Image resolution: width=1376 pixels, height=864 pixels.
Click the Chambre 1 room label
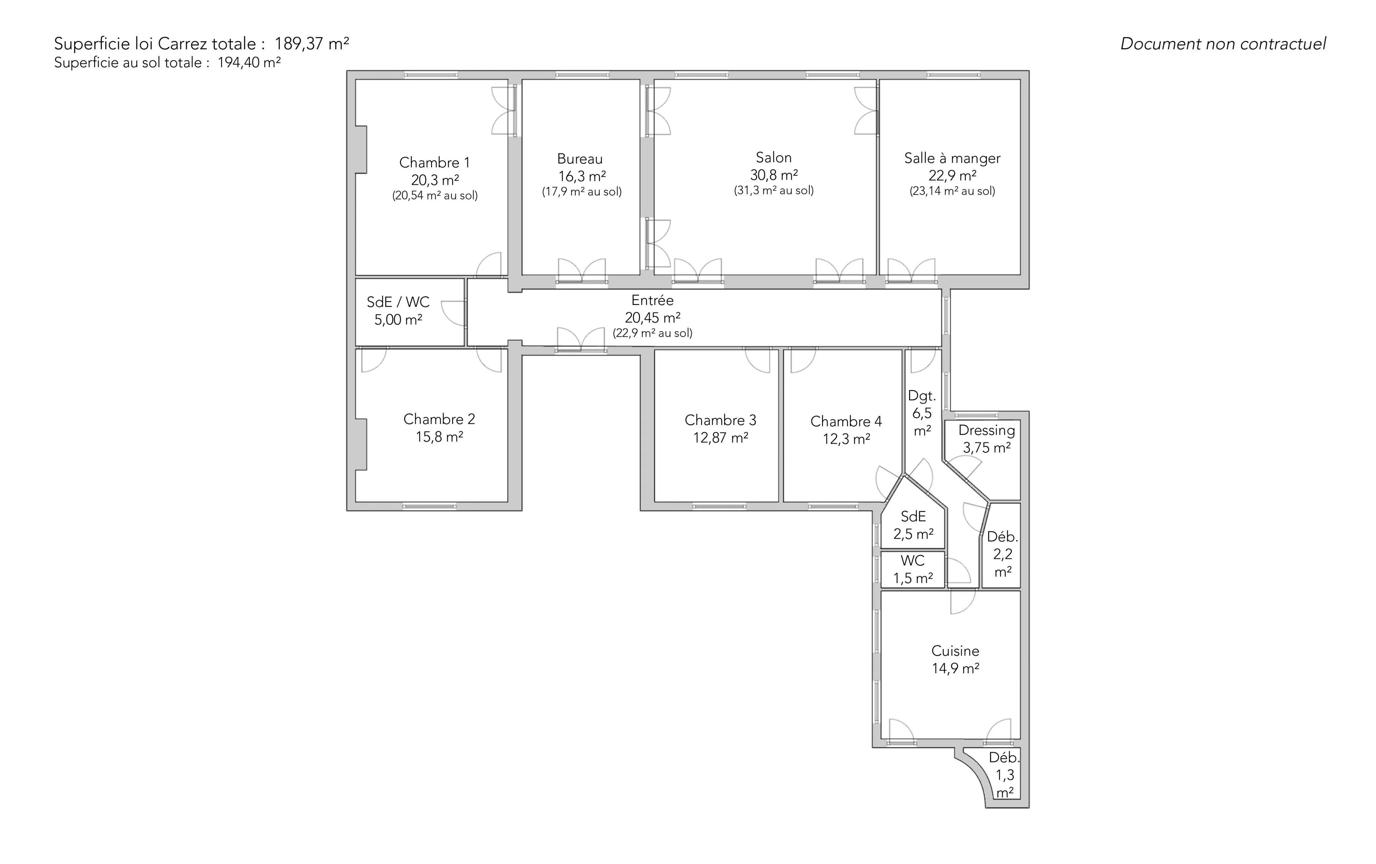pos(434,163)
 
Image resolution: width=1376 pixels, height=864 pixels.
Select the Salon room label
pos(774,157)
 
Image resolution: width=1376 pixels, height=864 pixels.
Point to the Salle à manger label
pos(952,158)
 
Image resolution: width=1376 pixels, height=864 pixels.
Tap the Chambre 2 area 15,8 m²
pos(439,437)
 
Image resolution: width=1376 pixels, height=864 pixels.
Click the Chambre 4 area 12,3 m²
pos(846,439)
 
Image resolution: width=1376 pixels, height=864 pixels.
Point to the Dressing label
pos(987,430)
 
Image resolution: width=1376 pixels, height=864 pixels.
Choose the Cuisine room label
pos(955,651)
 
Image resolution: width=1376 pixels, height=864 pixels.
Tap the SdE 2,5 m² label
pos(913,525)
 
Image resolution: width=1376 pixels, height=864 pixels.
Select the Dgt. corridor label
pos(922,395)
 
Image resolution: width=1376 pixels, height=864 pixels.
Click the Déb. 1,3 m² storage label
pos(1004,775)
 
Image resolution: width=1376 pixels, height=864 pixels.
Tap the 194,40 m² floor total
pos(249,62)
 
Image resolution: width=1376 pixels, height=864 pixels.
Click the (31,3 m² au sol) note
pos(774,190)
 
